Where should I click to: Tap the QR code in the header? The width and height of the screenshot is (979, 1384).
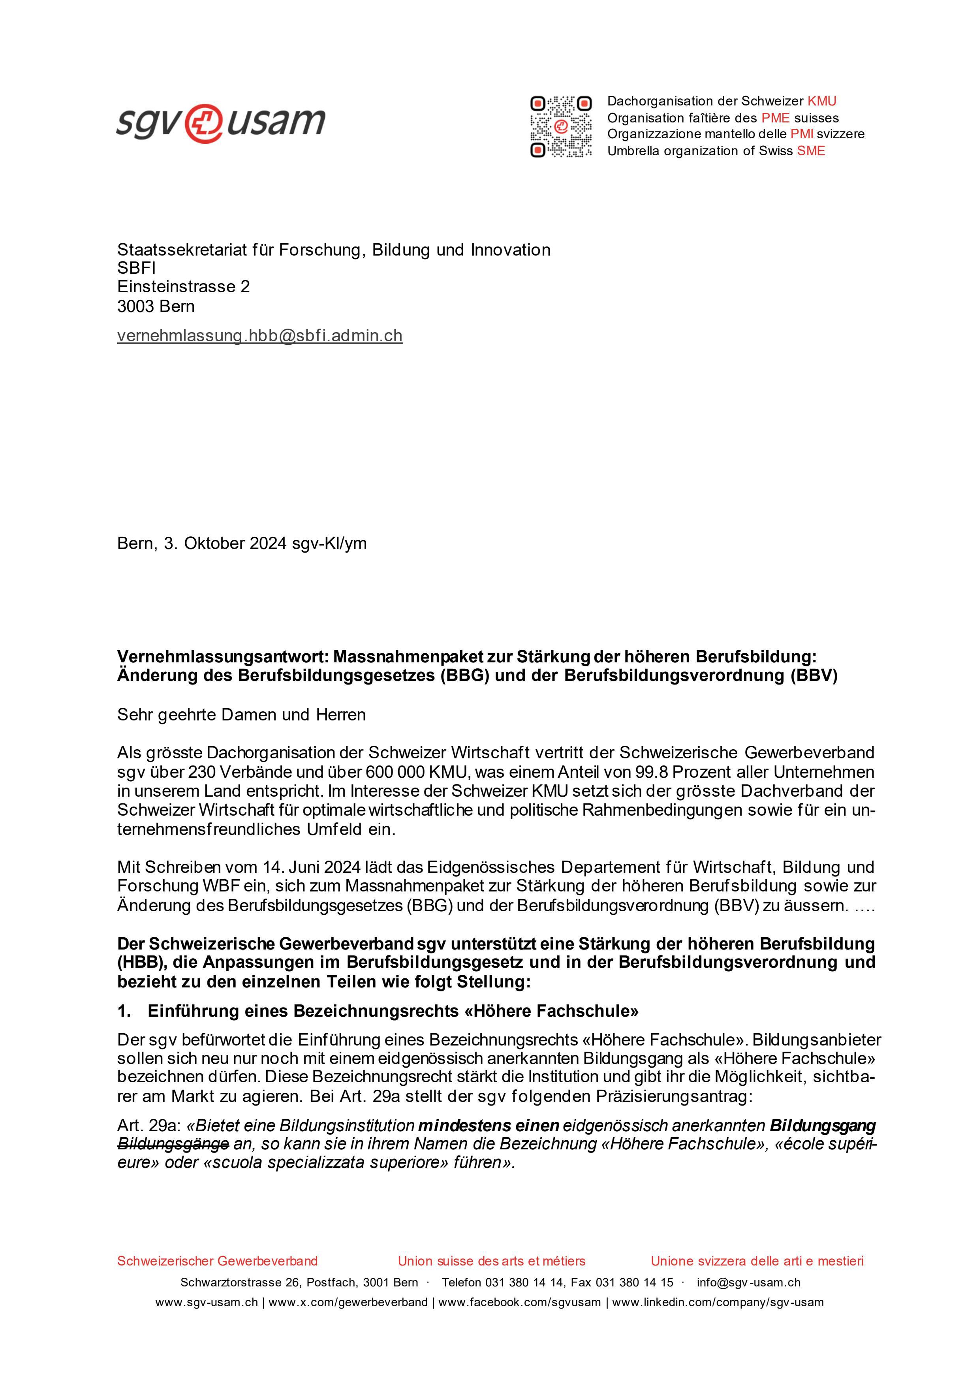pos(561,126)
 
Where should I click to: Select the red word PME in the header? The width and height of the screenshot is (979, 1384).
pos(775,118)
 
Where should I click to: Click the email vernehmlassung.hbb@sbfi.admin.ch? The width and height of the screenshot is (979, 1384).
pos(260,336)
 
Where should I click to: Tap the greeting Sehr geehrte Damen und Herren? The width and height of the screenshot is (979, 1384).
pos(241,715)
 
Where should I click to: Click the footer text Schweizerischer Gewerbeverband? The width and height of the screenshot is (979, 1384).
pos(217,1261)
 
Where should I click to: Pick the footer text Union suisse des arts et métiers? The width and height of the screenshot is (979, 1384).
pos(491,1261)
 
